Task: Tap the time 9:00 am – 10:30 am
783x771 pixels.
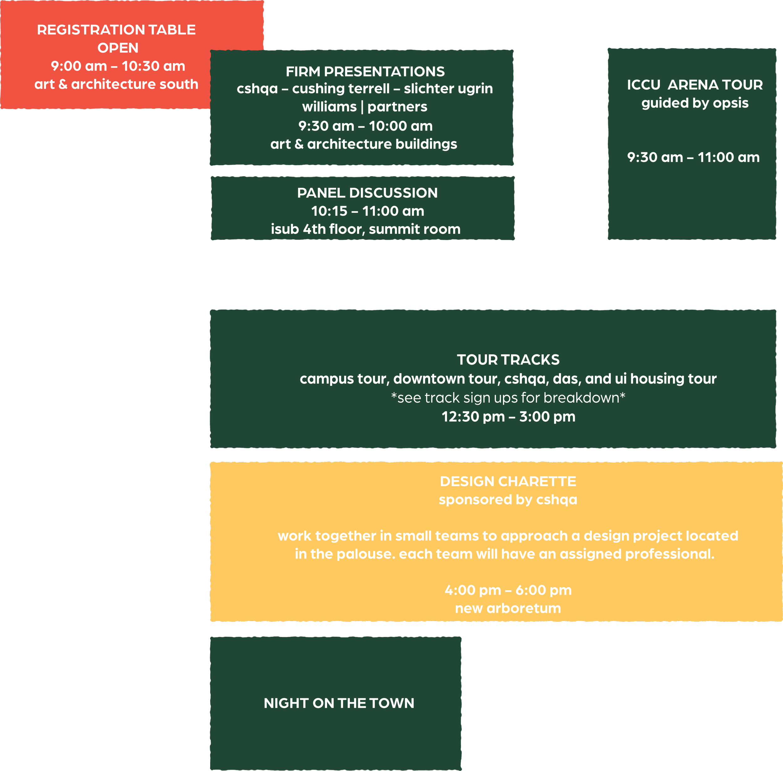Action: tap(118, 66)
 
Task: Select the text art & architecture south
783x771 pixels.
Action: tap(116, 84)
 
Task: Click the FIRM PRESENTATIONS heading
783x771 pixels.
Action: tap(365, 72)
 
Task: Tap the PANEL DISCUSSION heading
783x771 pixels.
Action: tap(367, 193)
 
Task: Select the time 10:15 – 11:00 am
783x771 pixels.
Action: tap(367, 211)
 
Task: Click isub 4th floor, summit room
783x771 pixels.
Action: tap(366, 229)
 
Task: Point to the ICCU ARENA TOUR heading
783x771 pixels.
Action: tap(695, 85)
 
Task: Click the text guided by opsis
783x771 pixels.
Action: tap(695, 103)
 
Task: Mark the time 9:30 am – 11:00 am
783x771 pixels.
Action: tap(693, 157)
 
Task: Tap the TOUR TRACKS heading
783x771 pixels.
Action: tap(508, 360)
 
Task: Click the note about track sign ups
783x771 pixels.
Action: tap(508, 398)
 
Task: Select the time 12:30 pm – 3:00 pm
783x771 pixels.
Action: tap(508, 417)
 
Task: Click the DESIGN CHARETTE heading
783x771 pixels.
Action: tap(508, 481)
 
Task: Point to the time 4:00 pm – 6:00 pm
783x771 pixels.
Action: tap(508, 590)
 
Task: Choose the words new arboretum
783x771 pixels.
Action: tap(508, 608)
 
